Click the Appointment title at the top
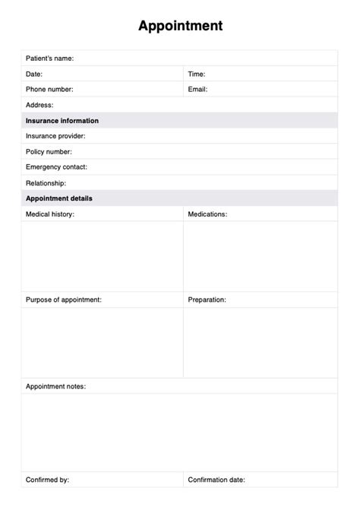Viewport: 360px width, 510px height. tap(180, 26)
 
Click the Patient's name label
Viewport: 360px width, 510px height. tap(49, 59)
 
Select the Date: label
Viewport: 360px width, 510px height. tap(34, 74)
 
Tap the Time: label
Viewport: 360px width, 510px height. tap(197, 74)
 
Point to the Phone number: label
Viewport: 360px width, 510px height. tap(49, 90)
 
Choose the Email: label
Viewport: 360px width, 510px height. tap(197, 90)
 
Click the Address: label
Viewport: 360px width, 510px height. tap(39, 106)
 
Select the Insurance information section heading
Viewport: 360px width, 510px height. tap(62, 121)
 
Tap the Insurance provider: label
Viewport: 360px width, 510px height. tap(55, 136)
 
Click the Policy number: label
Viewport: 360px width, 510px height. tap(49, 152)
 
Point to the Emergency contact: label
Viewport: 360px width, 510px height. tap(56, 167)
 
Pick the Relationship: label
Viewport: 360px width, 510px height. tap(46, 183)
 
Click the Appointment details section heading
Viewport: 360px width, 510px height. tap(59, 198)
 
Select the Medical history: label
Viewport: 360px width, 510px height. tap(50, 214)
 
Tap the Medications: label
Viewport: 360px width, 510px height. tap(207, 214)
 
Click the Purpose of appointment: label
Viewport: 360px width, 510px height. tap(64, 300)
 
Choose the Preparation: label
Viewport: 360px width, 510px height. tap(207, 300)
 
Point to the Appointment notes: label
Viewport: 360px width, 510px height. tap(55, 386)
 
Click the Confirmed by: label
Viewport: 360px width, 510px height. tap(48, 480)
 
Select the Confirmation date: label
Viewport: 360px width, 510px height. tap(216, 480)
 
